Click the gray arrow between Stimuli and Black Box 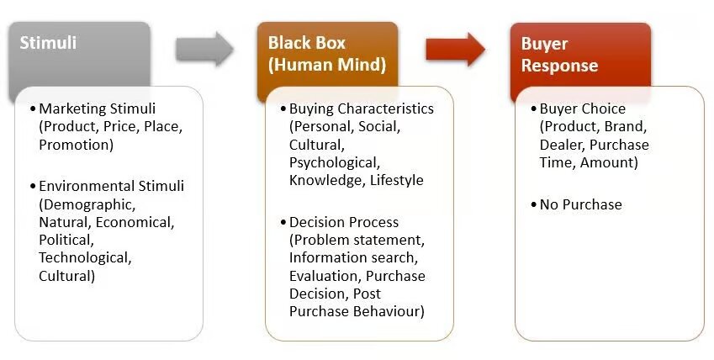click(204, 50)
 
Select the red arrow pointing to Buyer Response click(455, 50)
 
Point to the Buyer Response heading click(559, 55)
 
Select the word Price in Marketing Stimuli click(120, 126)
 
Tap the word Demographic click(87, 204)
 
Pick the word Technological click(85, 257)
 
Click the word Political click(63, 239)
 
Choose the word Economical click(135, 222)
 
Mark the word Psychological click(334, 161)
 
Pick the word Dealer click(560, 144)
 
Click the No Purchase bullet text click(580, 204)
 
